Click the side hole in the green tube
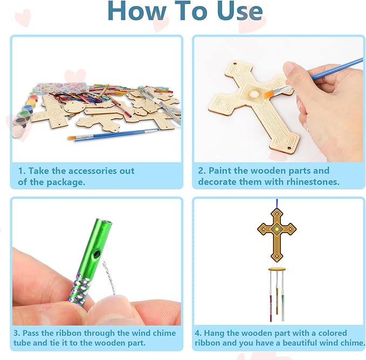click(97, 254)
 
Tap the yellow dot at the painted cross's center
click(278, 230)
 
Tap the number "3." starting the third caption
click(22, 333)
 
